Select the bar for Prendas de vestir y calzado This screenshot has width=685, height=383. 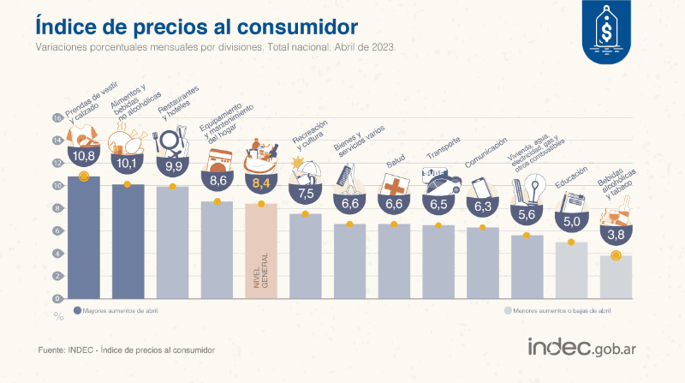[83, 240]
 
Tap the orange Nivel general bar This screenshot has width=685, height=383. [261, 253]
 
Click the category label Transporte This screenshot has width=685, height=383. [445, 154]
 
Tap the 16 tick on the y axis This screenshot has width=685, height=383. [57, 118]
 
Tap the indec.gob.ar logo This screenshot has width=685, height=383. [587, 347]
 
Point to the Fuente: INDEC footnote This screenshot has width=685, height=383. [126, 350]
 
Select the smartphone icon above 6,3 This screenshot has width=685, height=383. [483, 189]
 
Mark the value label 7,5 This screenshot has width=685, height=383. [306, 192]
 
